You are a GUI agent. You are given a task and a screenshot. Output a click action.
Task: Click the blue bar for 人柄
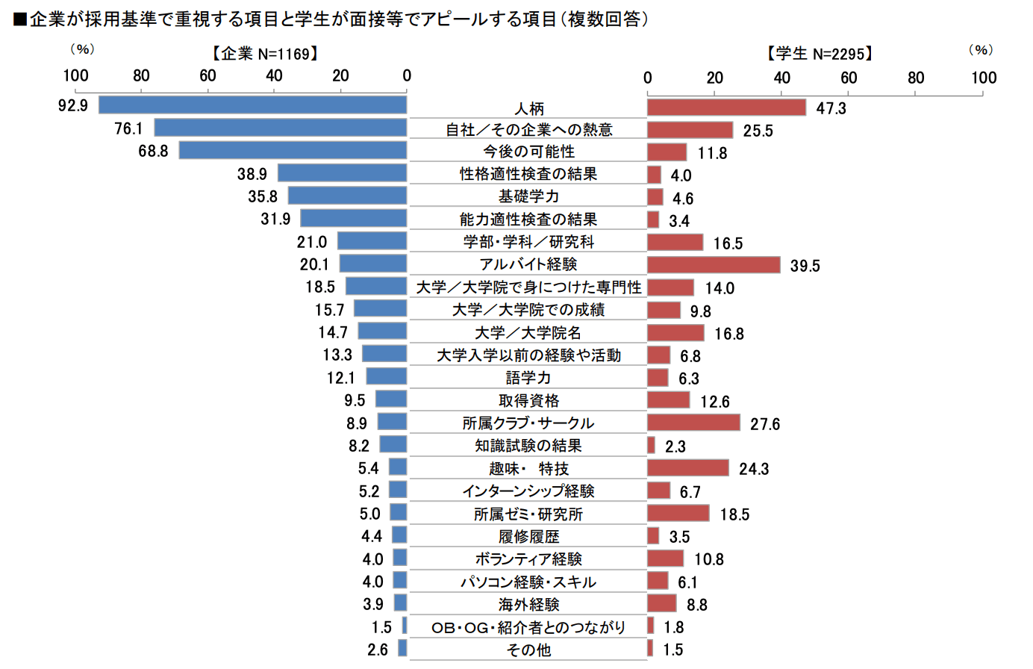(253, 105)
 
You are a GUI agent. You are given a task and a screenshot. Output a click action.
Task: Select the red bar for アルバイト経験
(714, 265)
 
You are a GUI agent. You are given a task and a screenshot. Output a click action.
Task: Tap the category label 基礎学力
(528, 196)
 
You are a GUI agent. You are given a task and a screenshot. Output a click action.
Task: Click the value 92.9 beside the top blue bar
(73, 106)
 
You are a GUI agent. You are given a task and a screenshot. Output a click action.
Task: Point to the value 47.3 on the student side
(831, 108)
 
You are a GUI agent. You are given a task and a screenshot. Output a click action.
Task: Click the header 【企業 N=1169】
(265, 54)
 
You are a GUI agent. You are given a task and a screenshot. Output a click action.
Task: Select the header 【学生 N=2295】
(820, 54)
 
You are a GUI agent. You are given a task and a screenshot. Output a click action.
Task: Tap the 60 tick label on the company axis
(207, 75)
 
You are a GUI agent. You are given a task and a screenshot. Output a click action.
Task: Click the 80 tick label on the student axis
(916, 78)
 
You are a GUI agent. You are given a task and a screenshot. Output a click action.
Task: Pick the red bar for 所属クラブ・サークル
(693, 423)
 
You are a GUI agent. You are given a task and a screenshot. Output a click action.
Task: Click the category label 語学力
(528, 378)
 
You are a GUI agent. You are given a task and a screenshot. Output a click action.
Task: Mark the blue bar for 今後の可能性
(293, 150)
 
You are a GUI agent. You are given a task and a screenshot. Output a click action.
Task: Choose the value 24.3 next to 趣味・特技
(754, 469)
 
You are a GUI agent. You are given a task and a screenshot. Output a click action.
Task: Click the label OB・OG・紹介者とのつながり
(528, 627)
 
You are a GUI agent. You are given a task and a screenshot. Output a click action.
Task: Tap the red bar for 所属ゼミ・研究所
(678, 513)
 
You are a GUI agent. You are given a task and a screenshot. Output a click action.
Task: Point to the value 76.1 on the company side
(128, 128)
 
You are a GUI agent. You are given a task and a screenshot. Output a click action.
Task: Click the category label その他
(528, 650)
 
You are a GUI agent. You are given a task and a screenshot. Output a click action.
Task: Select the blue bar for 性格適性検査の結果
(342, 173)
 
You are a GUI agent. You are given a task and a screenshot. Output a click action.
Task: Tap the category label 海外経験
(528, 604)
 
